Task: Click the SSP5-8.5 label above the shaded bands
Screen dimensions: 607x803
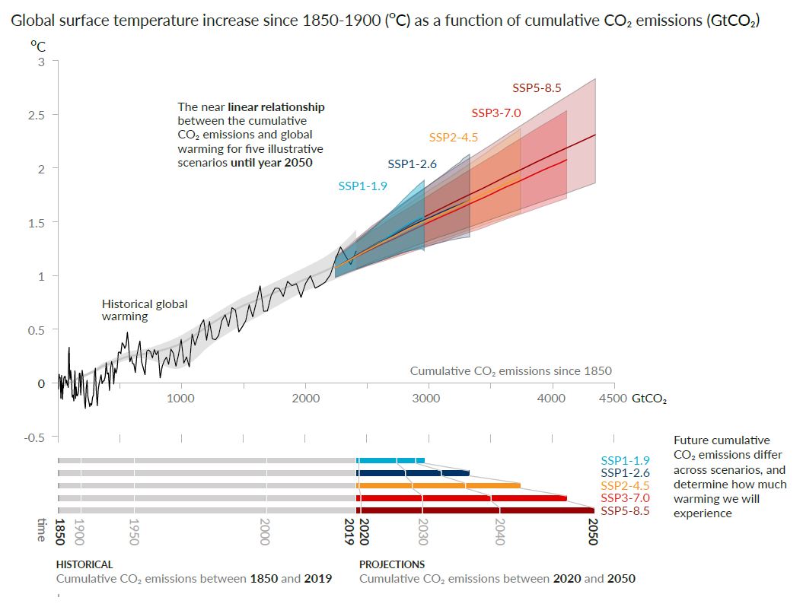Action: (537, 88)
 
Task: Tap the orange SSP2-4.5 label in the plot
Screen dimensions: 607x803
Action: (453, 138)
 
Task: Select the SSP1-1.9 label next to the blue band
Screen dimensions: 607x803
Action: (363, 185)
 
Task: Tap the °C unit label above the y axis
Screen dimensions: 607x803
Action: (38, 47)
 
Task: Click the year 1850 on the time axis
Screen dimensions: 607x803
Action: (61, 530)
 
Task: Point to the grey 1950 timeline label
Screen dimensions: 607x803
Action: (133, 530)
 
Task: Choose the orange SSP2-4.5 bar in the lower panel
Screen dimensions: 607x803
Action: (438, 485)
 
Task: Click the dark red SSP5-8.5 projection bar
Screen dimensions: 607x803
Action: (475, 510)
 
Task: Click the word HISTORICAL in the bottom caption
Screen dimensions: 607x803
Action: (84, 565)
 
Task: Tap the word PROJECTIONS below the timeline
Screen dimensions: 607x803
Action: (392, 565)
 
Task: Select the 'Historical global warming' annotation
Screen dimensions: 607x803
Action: (145, 310)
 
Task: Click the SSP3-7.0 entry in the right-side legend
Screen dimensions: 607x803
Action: (625, 497)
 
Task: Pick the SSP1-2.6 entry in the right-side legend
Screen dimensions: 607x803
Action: (625, 473)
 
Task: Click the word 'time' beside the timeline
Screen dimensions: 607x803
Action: (42, 530)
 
